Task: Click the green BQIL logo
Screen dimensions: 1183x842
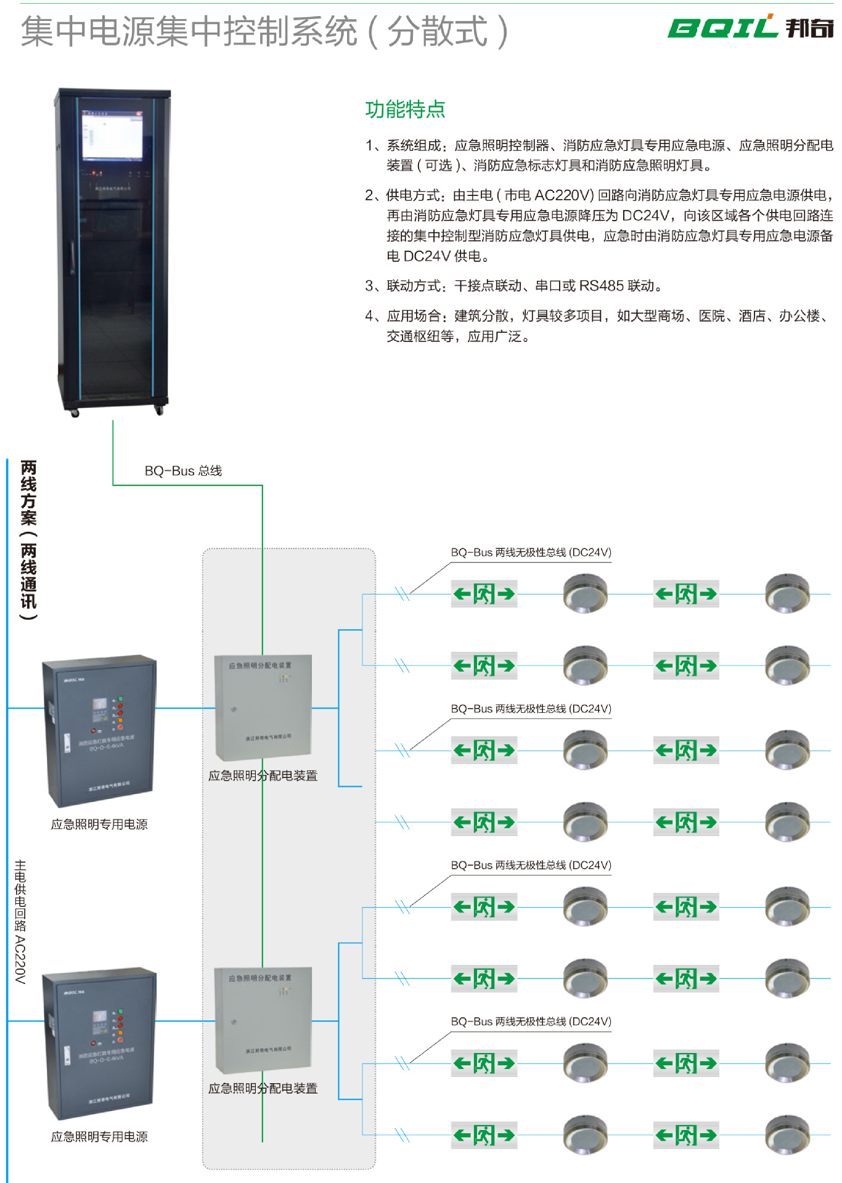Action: [x=722, y=27]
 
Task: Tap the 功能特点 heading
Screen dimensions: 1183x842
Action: [x=405, y=110]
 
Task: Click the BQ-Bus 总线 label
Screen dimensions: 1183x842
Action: [x=183, y=471]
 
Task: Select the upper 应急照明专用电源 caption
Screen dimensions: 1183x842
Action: [x=99, y=824]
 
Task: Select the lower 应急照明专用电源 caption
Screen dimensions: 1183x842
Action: [x=99, y=1137]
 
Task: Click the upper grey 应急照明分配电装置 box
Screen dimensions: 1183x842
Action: [x=263, y=707]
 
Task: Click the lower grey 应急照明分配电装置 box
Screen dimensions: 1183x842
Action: [x=263, y=1019]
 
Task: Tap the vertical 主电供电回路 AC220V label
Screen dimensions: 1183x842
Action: [x=20, y=921]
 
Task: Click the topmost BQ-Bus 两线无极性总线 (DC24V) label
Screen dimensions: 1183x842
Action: [x=531, y=552]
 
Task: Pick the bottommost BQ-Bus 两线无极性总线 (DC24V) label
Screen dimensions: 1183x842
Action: [x=531, y=1022]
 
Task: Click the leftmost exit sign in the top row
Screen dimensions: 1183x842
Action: [x=484, y=594]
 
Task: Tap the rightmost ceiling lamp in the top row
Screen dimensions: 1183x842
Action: [x=787, y=593]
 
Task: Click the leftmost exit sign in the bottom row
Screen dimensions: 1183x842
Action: [x=484, y=1135]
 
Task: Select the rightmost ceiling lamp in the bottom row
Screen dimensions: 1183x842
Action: [x=787, y=1134]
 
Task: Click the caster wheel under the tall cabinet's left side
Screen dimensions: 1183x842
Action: [x=75, y=413]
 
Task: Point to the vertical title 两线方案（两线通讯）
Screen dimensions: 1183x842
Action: [x=28, y=539]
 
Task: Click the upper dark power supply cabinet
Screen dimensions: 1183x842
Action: [x=99, y=730]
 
